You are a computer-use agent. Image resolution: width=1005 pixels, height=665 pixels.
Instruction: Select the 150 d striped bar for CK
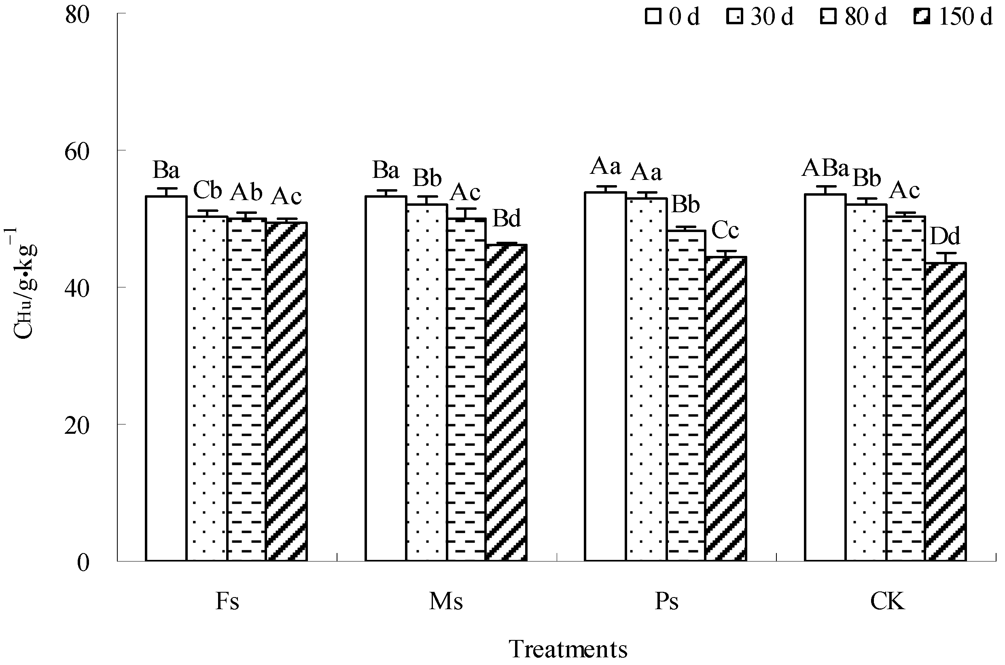click(x=945, y=412)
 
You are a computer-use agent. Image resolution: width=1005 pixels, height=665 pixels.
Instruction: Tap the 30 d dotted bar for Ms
click(x=426, y=382)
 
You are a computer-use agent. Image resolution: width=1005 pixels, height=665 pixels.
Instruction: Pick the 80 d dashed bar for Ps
click(x=686, y=395)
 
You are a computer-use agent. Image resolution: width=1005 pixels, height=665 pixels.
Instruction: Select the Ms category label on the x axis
click(x=445, y=602)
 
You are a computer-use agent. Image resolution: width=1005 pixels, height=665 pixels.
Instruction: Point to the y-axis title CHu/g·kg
click(x=25, y=284)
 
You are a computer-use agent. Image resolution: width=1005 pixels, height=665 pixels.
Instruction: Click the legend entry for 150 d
click(x=953, y=17)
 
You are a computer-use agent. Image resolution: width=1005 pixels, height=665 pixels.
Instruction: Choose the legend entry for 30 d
click(x=760, y=17)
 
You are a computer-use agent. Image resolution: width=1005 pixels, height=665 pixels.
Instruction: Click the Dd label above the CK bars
click(x=945, y=236)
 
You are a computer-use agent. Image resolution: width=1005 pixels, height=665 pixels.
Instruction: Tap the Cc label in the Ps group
click(x=725, y=231)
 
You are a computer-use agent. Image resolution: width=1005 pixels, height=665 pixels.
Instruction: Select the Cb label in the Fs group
click(x=208, y=190)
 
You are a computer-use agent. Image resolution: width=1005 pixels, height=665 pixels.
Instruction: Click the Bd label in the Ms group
click(x=506, y=219)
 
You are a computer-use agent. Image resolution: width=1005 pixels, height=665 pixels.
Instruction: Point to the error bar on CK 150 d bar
click(x=945, y=258)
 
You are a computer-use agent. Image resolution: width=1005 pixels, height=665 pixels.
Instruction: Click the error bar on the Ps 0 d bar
click(x=606, y=189)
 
